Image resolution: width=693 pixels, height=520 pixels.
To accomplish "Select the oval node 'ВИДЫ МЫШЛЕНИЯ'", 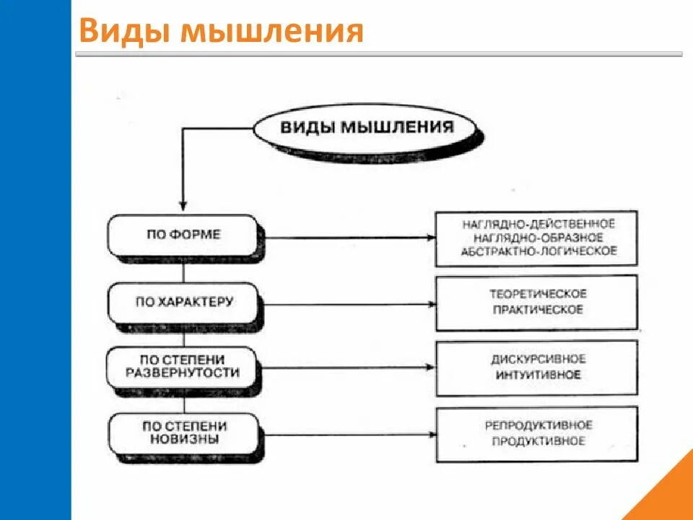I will click(x=366, y=129).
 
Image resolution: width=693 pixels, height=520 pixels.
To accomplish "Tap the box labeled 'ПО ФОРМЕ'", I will click(x=182, y=235).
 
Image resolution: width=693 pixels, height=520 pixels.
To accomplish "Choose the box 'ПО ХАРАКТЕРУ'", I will click(x=183, y=302).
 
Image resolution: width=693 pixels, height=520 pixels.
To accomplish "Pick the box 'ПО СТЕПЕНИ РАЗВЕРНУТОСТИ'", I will click(x=182, y=366).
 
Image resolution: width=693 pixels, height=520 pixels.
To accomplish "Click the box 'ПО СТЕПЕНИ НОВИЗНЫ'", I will click(x=182, y=431).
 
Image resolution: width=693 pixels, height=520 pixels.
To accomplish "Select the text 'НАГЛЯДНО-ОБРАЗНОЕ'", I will click(x=538, y=237).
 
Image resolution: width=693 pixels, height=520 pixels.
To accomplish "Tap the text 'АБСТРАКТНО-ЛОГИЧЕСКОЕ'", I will click(x=539, y=251).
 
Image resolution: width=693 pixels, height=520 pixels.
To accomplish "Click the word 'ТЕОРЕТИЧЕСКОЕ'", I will click(x=539, y=294).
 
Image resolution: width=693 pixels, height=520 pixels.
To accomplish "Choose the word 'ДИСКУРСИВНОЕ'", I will click(x=539, y=359).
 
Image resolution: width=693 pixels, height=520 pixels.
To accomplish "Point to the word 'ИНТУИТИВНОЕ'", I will click(x=539, y=375).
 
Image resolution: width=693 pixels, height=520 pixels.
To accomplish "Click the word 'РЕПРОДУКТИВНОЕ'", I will click(x=539, y=425).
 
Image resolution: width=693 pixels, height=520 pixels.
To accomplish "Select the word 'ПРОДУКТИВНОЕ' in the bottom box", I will click(x=539, y=441).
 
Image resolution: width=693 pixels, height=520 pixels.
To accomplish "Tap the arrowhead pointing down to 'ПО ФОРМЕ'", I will click(x=183, y=206).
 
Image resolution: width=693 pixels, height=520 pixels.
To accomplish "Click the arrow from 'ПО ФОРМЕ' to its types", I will click(x=346, y=237).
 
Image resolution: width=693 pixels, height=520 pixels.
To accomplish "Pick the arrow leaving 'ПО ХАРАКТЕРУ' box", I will click(x=346, y=304).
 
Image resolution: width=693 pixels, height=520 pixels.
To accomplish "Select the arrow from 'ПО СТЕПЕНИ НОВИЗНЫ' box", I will click(x=346, y=435).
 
